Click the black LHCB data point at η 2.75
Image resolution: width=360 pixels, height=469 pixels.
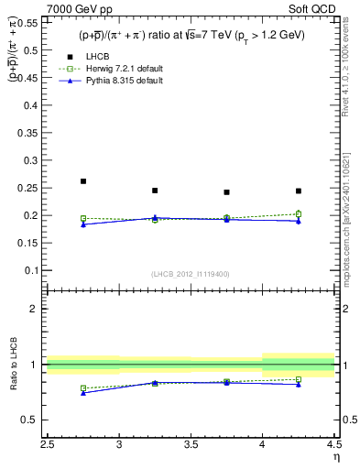83,181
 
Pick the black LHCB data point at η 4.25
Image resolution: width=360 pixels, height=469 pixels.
298,191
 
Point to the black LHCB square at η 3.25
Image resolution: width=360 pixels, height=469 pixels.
155,191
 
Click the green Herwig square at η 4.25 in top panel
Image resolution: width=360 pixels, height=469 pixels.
298,214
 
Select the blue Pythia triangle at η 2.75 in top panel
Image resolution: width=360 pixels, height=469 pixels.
83,224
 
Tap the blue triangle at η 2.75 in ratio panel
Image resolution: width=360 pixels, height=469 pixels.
83,392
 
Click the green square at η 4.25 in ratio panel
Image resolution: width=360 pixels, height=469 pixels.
298,379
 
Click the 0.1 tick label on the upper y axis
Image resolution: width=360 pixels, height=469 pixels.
34,272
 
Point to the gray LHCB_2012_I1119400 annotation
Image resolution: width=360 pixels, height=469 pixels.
191,275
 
